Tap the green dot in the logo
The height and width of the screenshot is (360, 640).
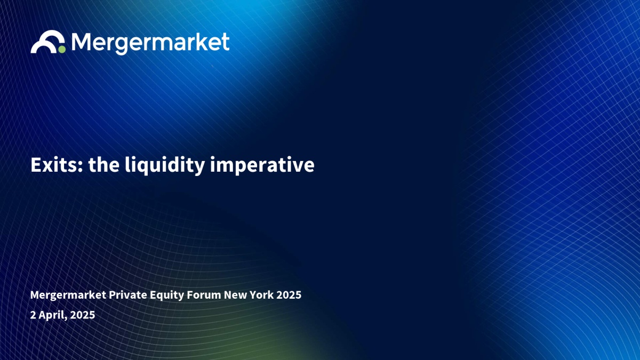(x=62, y=50)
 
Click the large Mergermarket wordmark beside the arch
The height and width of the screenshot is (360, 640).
(x=150, y=43)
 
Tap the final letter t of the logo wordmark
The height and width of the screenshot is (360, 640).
(x=225, y=42)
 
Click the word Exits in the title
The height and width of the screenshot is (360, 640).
(x=54, y=165)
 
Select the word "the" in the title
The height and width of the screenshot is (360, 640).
(x=103, y=165)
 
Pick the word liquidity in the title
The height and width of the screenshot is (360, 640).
(x=165, y=166)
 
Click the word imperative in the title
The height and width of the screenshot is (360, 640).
(x=262, y=166)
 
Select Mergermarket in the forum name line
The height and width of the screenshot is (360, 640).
(x=68, y=295)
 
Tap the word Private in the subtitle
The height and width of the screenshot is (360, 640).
(x=127, y=295)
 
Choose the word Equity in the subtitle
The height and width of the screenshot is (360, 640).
(x=167, y=295)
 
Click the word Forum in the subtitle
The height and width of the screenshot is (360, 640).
(x=204, y=295)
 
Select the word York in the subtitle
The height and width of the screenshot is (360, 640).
(x=262, y=295)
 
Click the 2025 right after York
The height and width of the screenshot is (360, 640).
(x=289, y=295)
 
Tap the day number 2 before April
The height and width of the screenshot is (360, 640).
(x=33, y=315)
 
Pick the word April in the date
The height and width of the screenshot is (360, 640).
(x=53, y=315)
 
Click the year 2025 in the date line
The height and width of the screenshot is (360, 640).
(x=83, y=315)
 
